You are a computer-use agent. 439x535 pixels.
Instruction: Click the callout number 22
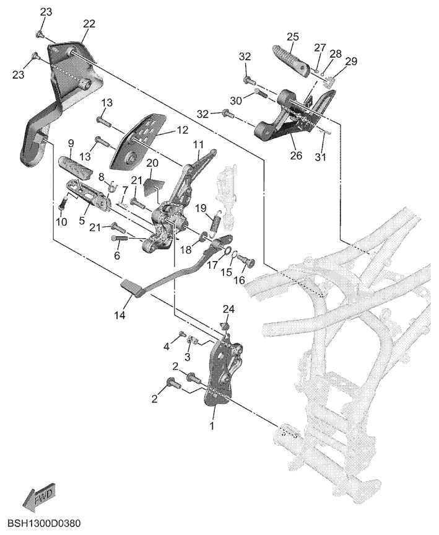point(89,24)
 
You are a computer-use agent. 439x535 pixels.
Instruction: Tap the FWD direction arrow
point(38,496)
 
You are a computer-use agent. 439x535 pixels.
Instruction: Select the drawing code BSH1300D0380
point(40,524)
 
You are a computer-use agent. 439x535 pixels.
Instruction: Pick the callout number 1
point(212,427)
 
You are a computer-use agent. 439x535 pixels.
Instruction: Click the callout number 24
point(228,308)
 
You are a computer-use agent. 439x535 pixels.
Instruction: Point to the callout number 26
point(296,156)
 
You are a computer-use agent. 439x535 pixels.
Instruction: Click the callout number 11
point(198,144)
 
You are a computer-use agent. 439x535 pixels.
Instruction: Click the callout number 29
point(352,61)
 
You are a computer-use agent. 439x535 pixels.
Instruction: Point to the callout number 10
point(61,222)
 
